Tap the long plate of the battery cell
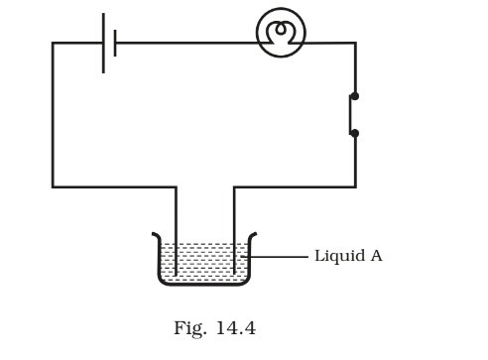[103, 43]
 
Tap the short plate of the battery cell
[115, 43]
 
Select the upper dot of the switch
[354, 96]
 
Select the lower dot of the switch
[354, 132]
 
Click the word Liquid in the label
[337, 256]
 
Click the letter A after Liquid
[376, 256]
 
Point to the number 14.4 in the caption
[235, 329]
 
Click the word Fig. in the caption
[188, 329]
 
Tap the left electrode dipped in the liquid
[177, 253]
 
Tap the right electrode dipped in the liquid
[234, 253]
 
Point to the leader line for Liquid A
[280, 256]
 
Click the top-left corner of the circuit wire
[54, 43]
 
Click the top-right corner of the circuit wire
[354, 43]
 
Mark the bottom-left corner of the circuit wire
[54, 185]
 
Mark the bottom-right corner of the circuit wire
[354, 185]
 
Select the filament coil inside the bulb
[281, 30]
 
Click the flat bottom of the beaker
[204, 285]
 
